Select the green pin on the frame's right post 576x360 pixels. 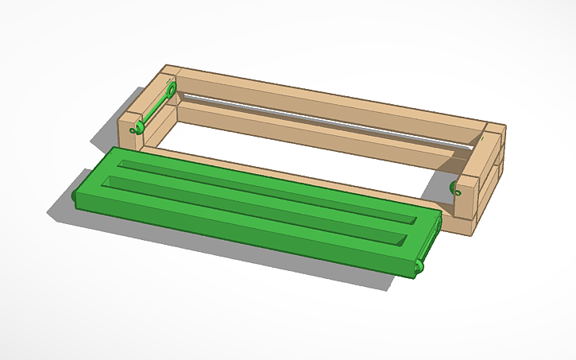(x=457, y=189)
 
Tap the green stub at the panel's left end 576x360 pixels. (x=75, y=194)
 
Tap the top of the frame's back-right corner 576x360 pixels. (x=493, y=130)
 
